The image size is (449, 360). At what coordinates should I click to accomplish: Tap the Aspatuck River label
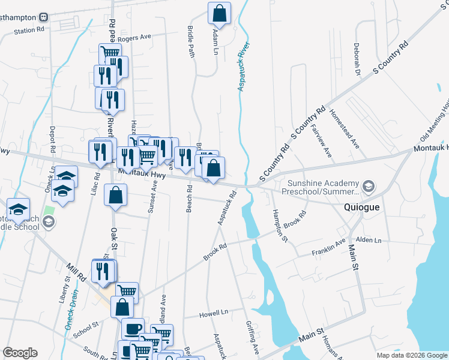tap(244, 67)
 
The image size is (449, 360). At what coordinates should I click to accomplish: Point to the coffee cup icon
tap(133, 329)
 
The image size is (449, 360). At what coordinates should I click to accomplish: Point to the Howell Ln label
tap(214, 313)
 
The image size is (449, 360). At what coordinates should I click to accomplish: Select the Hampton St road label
tap(279, 225)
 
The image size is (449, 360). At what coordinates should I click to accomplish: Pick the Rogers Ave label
tap(137, 38)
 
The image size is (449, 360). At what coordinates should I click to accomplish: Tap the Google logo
tap(19, 352)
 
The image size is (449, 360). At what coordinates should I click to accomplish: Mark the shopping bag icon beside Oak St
tap(116, 194)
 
